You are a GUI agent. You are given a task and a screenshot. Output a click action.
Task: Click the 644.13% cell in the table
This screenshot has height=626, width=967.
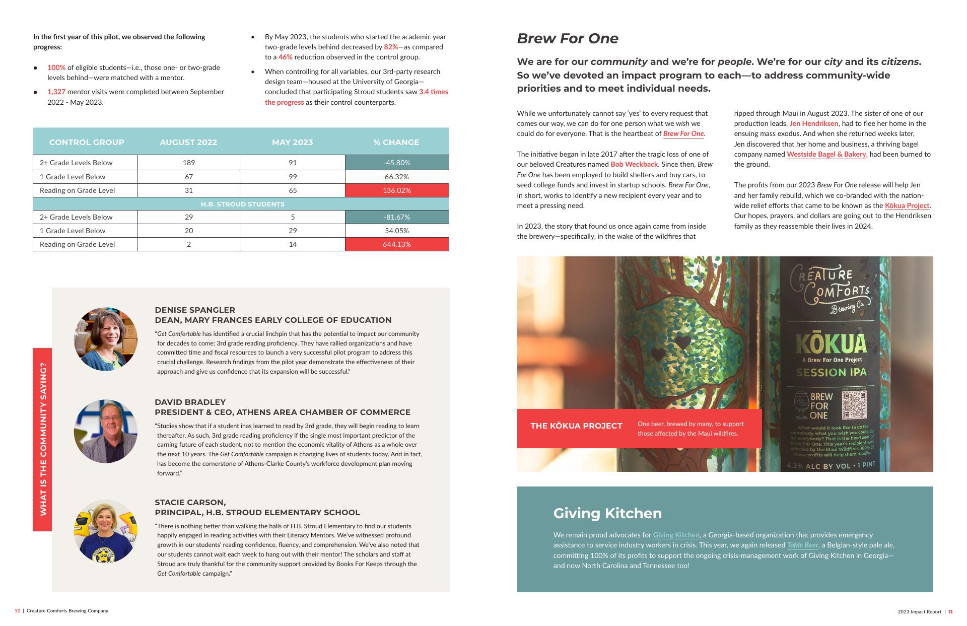396,244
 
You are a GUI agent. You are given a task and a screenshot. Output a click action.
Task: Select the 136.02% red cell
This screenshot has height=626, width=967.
396,190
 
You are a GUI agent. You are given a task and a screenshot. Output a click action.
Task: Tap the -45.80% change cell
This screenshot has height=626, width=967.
396,163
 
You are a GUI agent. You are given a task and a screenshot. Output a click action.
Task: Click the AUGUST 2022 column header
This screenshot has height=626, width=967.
188,142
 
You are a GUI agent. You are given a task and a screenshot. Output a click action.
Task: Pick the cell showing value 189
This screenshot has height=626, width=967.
189,163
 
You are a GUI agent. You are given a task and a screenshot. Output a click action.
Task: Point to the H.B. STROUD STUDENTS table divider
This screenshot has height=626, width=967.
242,204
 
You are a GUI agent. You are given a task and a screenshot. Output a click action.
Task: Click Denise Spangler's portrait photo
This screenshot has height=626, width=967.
106,339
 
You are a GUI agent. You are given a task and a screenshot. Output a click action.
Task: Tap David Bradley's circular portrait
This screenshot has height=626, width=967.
106,431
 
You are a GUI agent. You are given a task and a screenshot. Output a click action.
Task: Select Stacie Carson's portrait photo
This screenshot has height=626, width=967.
106,531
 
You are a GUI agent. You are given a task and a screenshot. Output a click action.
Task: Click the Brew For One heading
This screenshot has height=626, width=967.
568,38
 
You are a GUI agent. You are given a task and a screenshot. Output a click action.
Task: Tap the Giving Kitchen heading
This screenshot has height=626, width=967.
607,513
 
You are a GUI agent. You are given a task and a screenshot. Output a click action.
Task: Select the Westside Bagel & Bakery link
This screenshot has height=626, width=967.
826,154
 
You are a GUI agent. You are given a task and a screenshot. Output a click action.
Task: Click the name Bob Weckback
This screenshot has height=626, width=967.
634,164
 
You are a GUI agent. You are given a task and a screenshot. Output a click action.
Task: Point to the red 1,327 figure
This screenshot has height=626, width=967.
56,92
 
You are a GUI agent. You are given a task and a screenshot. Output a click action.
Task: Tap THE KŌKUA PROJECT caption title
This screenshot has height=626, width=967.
576,426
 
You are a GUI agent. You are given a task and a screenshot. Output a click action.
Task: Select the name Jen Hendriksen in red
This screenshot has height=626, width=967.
813,123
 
